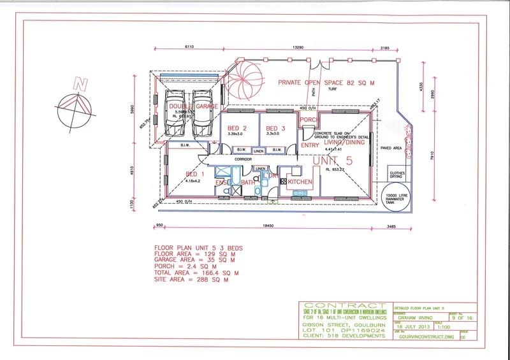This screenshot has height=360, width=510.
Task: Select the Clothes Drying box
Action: (397, 173)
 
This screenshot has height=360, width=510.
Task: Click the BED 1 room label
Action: (195, 174)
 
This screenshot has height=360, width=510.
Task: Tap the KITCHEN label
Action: (300, 182)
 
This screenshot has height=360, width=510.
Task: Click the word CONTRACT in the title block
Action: (344, 306)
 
